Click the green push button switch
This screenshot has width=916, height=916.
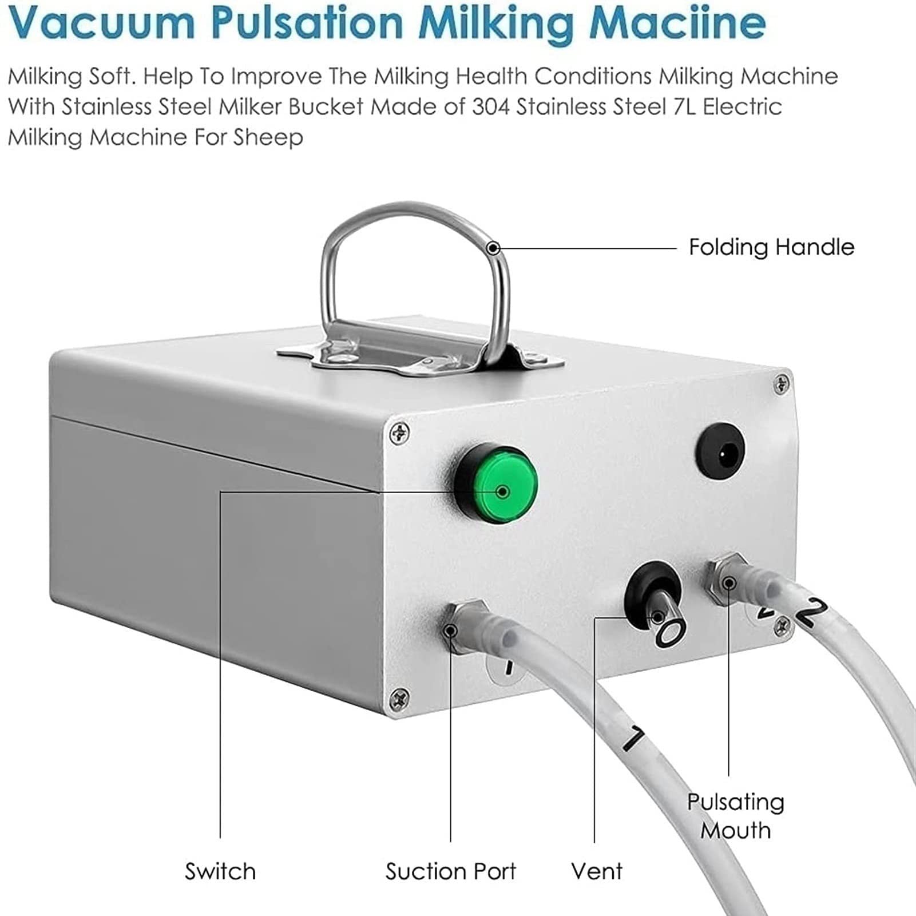[x=497, y=482]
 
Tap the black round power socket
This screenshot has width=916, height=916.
[x=720, y=451]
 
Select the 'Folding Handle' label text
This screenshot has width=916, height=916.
[x=771, y=247]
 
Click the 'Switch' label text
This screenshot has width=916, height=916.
[x=220, y=871]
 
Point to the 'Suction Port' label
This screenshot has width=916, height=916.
[x=451, y=871]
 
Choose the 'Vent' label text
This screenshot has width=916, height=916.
[x=597, y=871]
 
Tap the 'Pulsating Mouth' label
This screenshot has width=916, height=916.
[x=736, y=816]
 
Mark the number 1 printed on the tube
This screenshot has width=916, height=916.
[x=634, y=737]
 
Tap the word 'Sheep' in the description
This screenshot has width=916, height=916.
[x=268, y=138]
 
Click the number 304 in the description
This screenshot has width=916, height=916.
[x=490, y=107]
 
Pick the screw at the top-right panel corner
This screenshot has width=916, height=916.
[x=781, y=384]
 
